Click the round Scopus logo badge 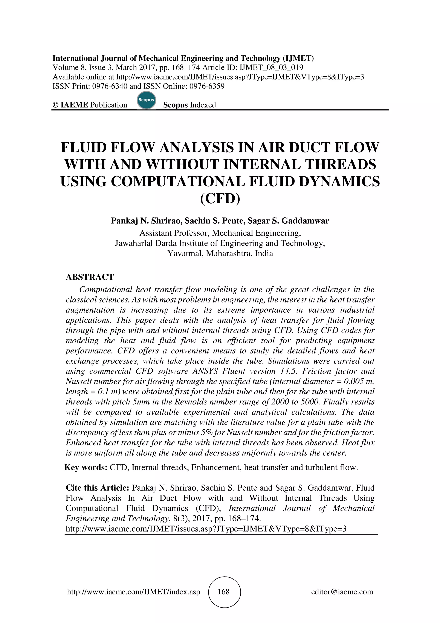click(x=146, y=100)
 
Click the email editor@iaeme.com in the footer click(x=342, y=592)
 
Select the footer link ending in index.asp click(x=133, y=592)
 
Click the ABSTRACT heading click(x=90, y=277)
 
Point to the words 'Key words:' click(x=86, y=468)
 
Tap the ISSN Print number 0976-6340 click(x=110, y=86)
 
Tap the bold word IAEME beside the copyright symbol click(x=74, y=105)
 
